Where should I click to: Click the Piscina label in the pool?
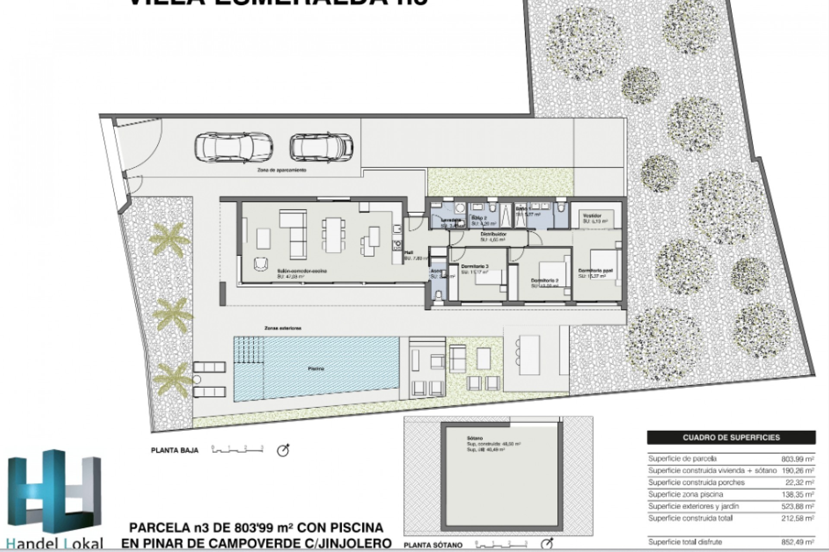(316, 369)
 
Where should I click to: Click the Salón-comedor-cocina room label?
(302, 271)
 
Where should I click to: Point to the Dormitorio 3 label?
(475, 266)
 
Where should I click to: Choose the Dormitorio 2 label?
(544, 280)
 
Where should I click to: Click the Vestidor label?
(592, 216)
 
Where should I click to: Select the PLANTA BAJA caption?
(174, 450)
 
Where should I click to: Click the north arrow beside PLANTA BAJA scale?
(283, 450)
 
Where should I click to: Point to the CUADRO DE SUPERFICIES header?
(731, 437)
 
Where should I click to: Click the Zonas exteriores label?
(283, 328)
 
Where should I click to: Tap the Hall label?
(409, 253)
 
